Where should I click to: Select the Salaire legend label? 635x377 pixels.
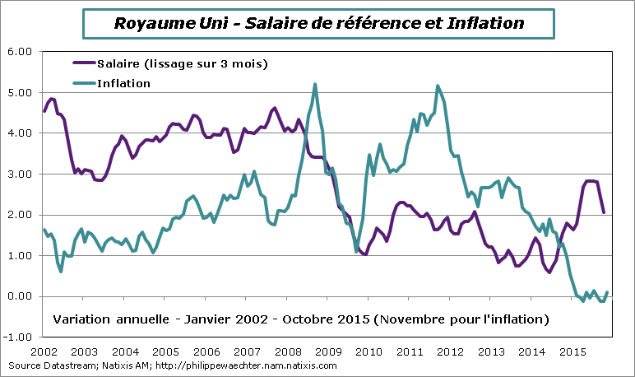click(x=182, y=63)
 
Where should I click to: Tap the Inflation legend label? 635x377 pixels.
click(x=123, y=83)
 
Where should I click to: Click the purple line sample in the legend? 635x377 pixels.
click(x=84, y=63)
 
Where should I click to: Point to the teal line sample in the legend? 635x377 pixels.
click(x=84, y=83)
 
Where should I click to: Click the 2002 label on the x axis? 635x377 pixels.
click(x=45, y=351)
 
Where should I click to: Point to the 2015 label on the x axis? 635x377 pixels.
click(x=572, y=351)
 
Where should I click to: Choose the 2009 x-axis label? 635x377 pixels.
click(x=329, y=351)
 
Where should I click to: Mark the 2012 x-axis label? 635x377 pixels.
click(x=451, y=351)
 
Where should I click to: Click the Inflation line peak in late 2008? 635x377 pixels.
click(x=316, y=84)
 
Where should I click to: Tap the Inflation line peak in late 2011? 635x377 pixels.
click(x=438, y=86)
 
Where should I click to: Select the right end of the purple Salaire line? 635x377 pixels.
click(x=605, y=212)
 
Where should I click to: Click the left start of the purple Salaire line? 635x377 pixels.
click(x=44, y=110)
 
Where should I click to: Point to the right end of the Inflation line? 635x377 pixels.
click(x=608, y=292)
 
